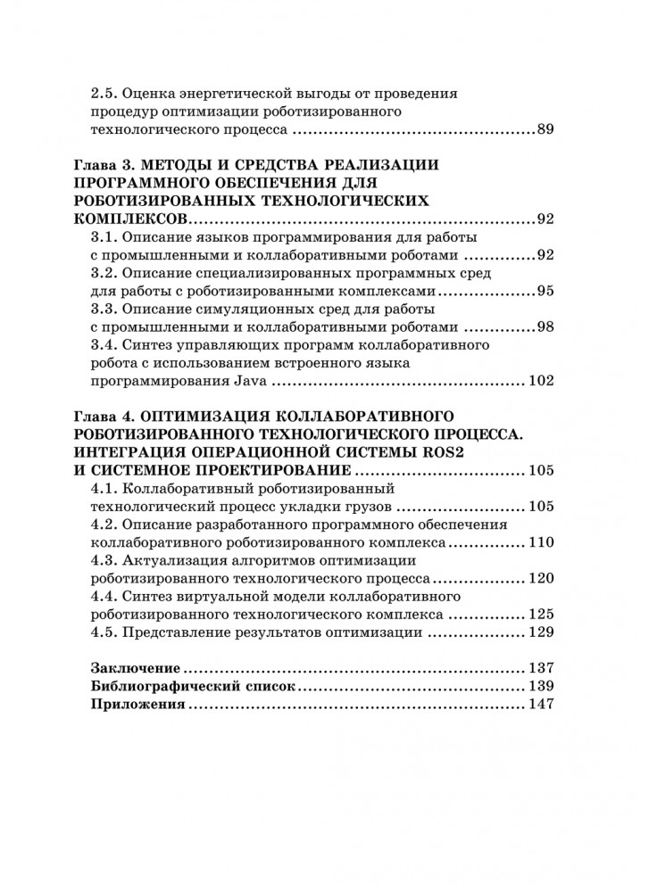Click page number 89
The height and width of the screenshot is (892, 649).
click(x=545, y=130)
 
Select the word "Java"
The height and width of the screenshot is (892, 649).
click(x=251, y=382)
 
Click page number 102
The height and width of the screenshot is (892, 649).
click(x=542, y=382)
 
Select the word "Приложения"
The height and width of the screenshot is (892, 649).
click(x=138, y=705)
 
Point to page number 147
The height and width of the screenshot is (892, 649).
click(x=542, y=705)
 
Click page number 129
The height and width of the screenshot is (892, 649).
click(x=542, y=632)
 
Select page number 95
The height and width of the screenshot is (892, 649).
click(x=545, y=291)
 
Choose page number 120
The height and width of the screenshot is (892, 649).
click(x=542, y=578)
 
